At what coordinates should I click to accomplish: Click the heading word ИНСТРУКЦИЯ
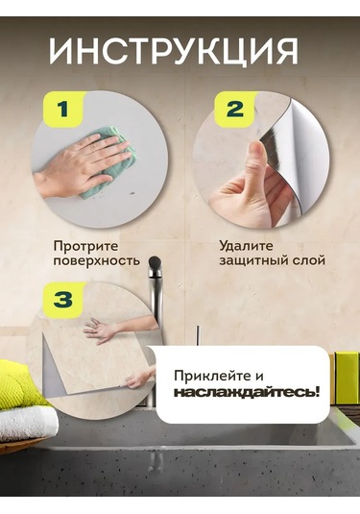pos(174,52)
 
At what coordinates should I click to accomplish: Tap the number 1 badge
pos(63,110)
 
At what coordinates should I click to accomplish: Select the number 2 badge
pos(234,110)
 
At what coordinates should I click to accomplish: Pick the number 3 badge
pos(63,300)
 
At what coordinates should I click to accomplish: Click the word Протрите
pos(85,247)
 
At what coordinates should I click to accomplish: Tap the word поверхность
pos(97,261)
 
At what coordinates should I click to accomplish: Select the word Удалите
pos(246,246)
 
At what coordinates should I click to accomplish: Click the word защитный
pos(255,261)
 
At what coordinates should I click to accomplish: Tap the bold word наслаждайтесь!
pos(247,392)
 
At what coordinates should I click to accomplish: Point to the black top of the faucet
pos(155,262)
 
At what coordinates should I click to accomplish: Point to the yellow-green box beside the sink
pos(347,378)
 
